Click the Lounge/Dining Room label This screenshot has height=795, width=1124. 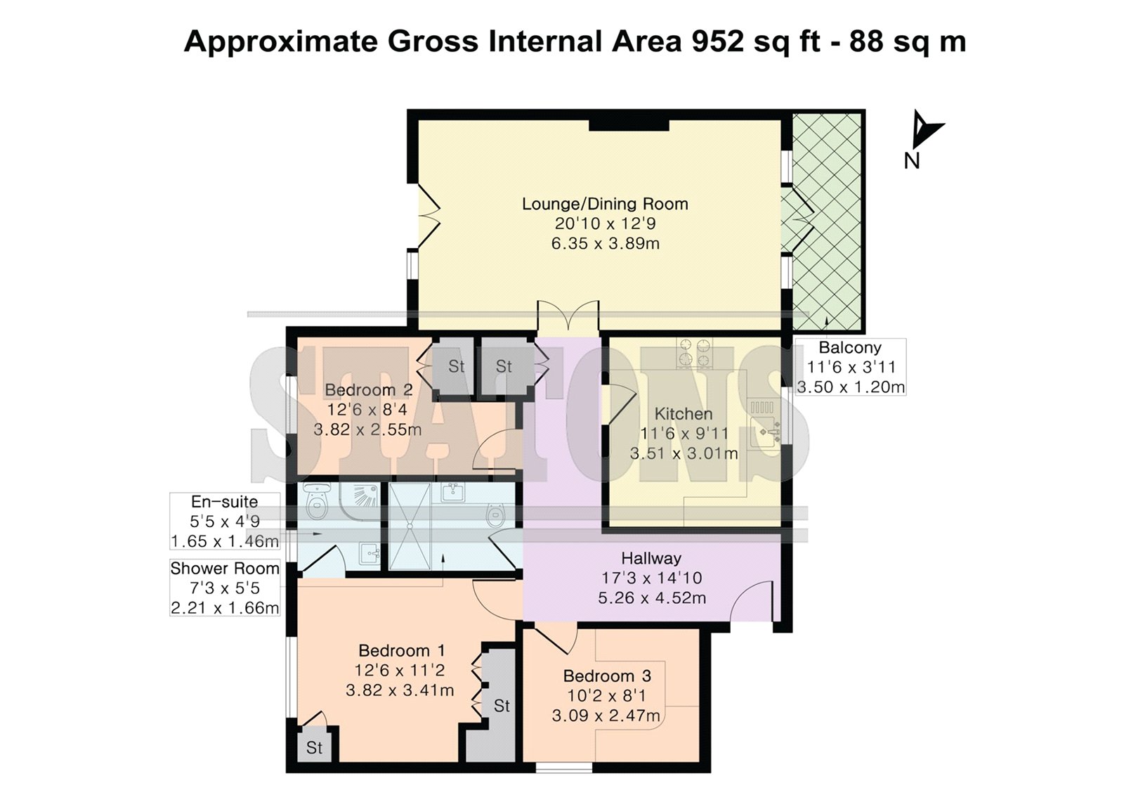click(x=605, y=204)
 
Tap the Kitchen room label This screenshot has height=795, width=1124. click(x=684, y=414)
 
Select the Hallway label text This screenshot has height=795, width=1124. click(x=651, y=558)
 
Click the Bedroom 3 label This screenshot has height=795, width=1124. click(x=607, y=676)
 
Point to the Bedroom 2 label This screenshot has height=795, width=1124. click(x=368, y=389)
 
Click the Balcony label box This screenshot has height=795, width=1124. click(x=851, y=367)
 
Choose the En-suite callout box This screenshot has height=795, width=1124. click(x=225, y=522)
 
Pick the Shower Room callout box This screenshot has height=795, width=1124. click(x=225, y=588)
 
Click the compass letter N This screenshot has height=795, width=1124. click(x=911, y=161)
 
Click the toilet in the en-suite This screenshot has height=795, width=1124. click(x=316, y=500)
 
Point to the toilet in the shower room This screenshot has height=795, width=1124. click(x=498, y=512)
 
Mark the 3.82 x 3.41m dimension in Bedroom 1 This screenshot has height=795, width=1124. click(x=400, y=690)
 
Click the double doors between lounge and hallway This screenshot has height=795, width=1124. click(x=568, y=318)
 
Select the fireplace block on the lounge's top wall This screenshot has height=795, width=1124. click(x=629, y=125)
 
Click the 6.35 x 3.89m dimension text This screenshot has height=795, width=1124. click(x=605, y=244)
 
